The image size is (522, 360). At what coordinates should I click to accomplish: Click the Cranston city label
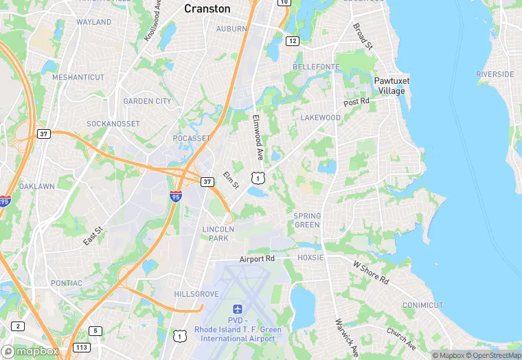(x=207, y=9)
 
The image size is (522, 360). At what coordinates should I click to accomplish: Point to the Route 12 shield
(x=293, y=41)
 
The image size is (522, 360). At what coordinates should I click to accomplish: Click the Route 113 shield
(x=82, y=348)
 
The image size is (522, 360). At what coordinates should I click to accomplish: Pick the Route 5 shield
(x=95, y=331)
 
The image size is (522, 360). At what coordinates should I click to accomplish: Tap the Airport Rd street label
(x=257, y=259)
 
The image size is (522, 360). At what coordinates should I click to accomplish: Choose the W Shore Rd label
(x=371, y=273)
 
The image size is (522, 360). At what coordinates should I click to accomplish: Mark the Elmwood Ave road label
(x=260, y=135)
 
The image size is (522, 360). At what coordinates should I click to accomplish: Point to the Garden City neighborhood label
(x=147, y=101)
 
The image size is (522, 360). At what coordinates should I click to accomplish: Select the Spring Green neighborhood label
(x=307, y=220)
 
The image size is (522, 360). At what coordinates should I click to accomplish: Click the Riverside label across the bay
(x=495, y=74)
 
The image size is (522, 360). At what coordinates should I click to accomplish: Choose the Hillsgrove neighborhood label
(x=196, y=293)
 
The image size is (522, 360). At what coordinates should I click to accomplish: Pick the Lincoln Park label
(x=219, y=234)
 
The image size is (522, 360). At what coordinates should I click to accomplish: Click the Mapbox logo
(x=30, y=350)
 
